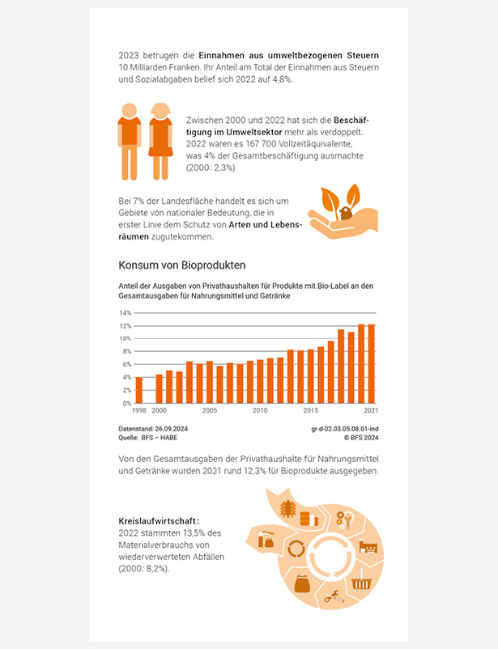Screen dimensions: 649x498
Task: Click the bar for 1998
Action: [139, 390]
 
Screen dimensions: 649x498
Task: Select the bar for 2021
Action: [372, 364]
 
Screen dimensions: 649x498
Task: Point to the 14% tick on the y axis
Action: [126, 312]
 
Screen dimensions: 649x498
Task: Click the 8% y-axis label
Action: [126, 351]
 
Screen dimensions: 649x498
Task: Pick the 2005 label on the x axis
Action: [210, 410]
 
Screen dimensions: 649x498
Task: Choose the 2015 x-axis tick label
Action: [311, 410]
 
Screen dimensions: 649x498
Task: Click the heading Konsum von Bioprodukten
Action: [181, 265]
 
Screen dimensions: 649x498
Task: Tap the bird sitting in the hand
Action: [345, 214]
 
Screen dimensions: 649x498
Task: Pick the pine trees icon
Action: [287, 507]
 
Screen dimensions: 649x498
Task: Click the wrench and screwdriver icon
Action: [331, 598]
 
